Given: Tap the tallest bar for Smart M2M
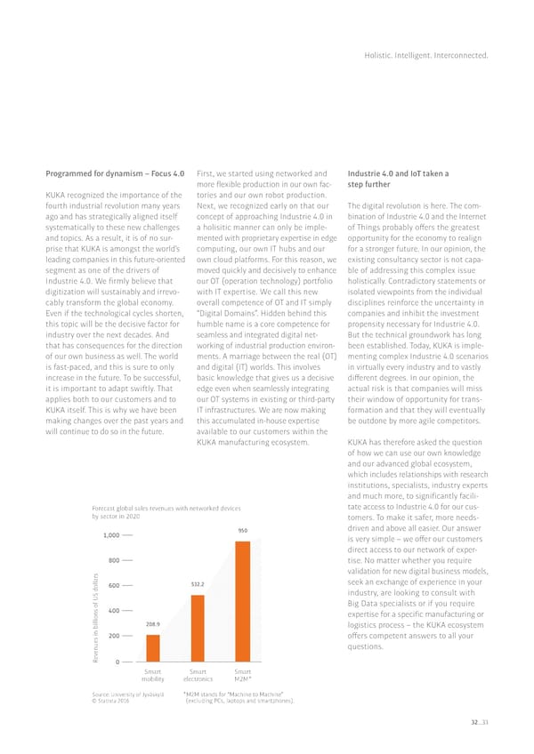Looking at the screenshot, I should tap(242, 599).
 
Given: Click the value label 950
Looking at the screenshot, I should tap(242, 531).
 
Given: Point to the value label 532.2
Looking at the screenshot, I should tap(198, 584).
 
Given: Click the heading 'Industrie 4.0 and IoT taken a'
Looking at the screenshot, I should tap(397, 174).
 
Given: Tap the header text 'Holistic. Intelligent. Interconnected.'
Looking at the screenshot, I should tap(426, 56).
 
